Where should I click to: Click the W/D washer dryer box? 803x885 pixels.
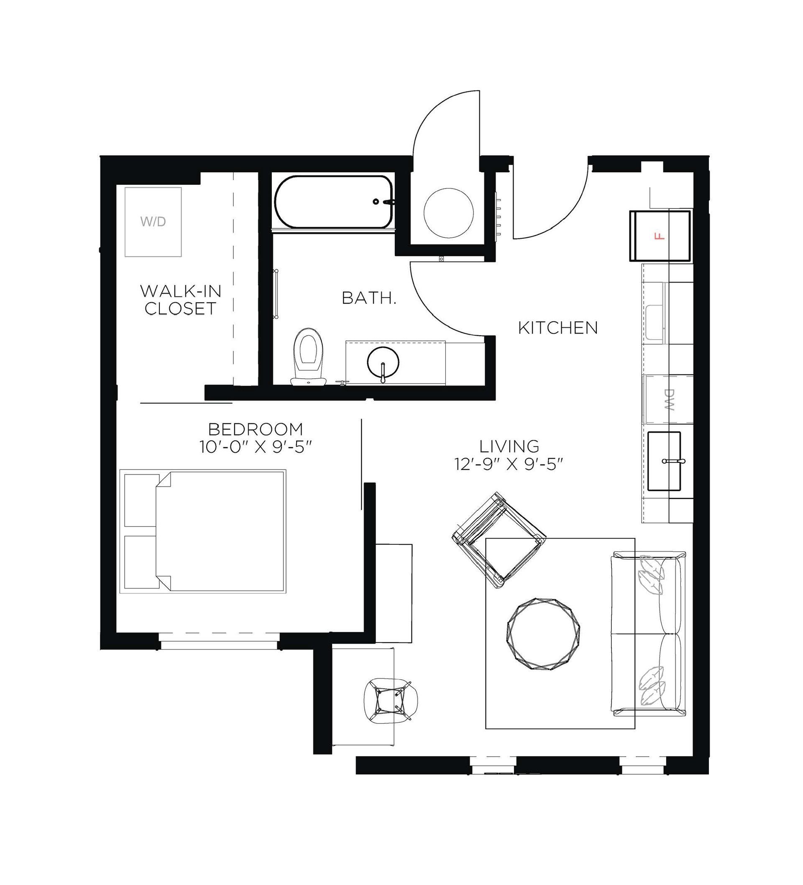(153, 222)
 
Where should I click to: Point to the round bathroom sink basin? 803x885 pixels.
(383, 362)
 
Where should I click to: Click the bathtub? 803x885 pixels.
(332, 201)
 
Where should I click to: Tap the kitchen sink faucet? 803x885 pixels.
(673, 462)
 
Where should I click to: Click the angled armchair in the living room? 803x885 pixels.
(499, 540)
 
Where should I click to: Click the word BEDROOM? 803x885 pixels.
(255, 429)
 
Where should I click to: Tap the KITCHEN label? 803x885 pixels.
(558, 328)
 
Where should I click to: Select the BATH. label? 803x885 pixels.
(369, 298)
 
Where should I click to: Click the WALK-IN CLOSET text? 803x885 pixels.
(181, 300)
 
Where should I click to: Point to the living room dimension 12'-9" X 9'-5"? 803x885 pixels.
(509, 465)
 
